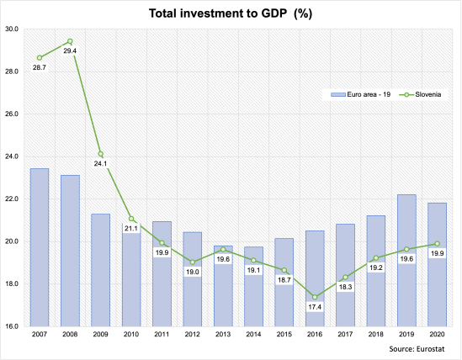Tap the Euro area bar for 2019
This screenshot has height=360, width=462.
[406, 260]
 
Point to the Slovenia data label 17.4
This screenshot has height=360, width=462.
[315, 308]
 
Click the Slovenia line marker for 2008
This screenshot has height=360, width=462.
[70, 41]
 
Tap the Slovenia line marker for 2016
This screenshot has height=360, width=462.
[315, 296]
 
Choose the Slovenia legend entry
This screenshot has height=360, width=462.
[420, 94]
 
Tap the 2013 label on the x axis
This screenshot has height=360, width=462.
[223, 334]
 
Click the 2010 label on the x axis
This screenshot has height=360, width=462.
[131, 334]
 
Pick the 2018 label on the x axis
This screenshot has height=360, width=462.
[376, 334]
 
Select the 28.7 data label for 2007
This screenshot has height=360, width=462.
[40, 66]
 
